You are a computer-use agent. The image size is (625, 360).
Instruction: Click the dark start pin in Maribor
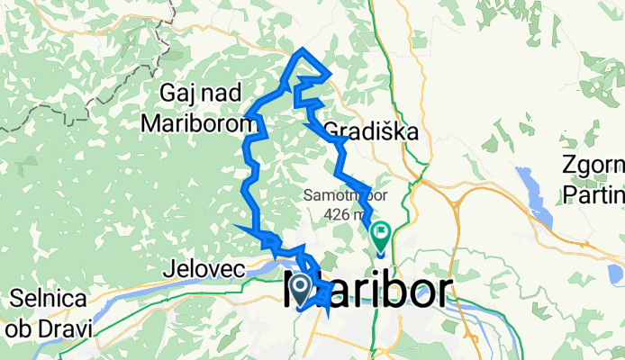(299, 289)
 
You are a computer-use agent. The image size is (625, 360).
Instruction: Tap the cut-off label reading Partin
(592, 193)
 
